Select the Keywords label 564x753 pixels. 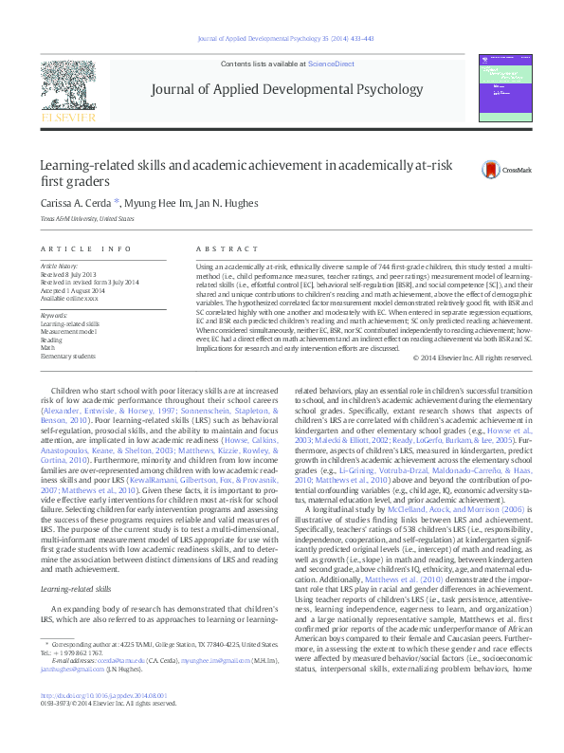coord(54,315)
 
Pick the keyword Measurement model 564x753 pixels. coord(68,331)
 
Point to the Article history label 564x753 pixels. coord(60,267)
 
